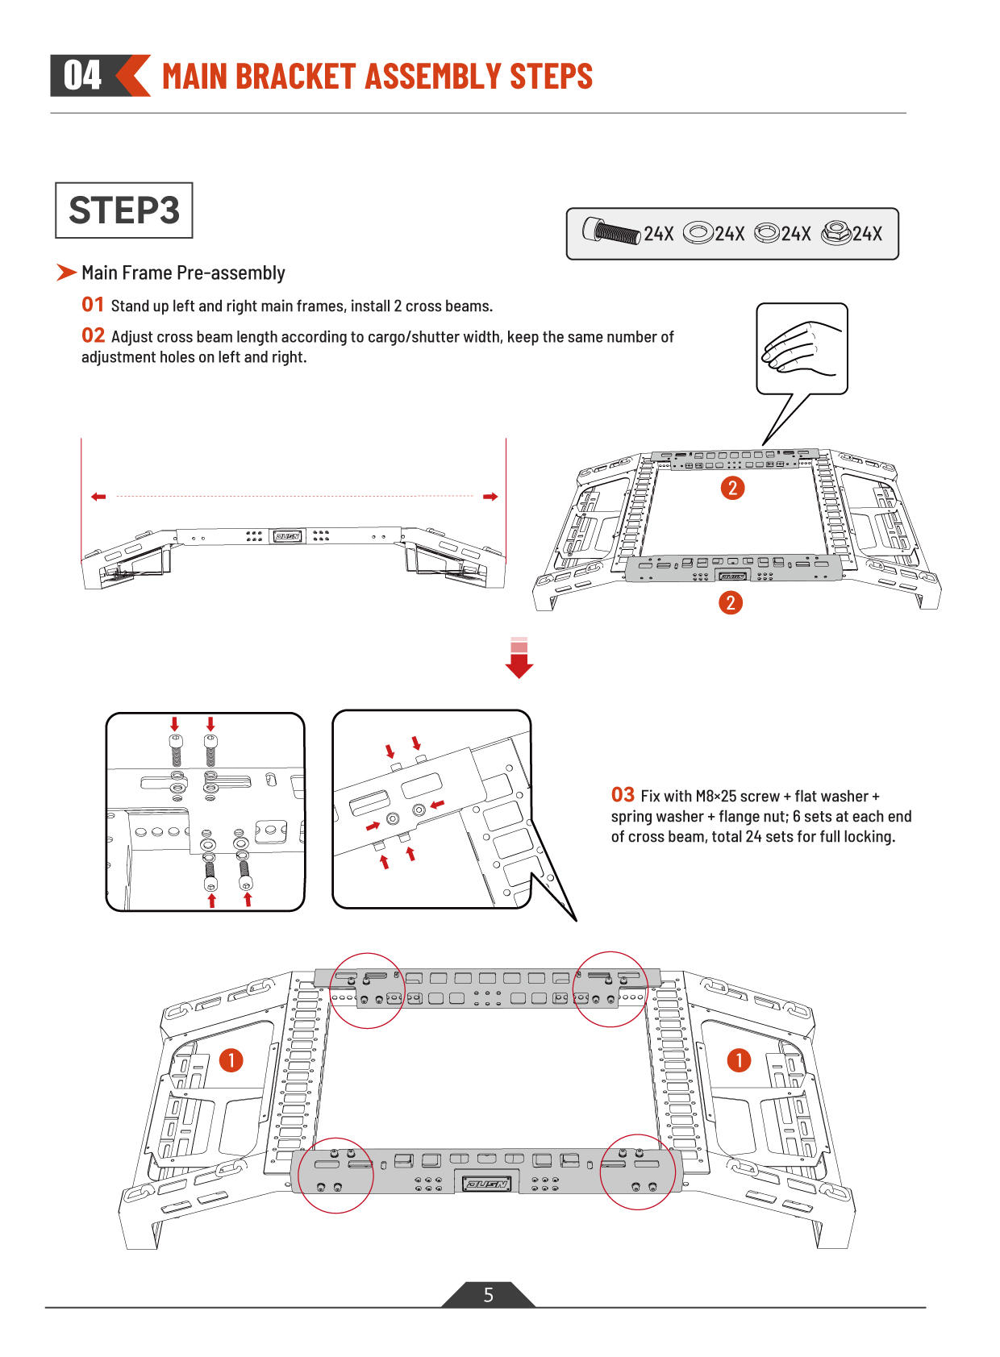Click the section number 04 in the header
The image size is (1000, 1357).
82,75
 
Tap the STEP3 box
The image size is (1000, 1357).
124,210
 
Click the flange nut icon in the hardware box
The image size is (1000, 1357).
835,233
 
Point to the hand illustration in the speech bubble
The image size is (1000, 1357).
802,348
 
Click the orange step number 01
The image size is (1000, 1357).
93,304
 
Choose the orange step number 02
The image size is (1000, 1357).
93,335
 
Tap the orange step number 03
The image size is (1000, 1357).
623,794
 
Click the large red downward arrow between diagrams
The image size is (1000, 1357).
519,658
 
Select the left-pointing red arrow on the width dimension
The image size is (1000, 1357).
98,497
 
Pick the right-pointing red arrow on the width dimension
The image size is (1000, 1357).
490,497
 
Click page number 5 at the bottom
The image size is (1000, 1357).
489,1295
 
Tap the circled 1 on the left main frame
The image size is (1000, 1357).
231,1061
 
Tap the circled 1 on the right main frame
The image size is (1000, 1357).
739,1061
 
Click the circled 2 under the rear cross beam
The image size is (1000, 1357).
733,488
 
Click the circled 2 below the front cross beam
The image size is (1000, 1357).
731,603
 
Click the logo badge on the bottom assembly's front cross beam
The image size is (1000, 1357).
486,1184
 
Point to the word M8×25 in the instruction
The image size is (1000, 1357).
716,796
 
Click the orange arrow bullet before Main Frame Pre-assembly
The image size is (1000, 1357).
66,273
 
